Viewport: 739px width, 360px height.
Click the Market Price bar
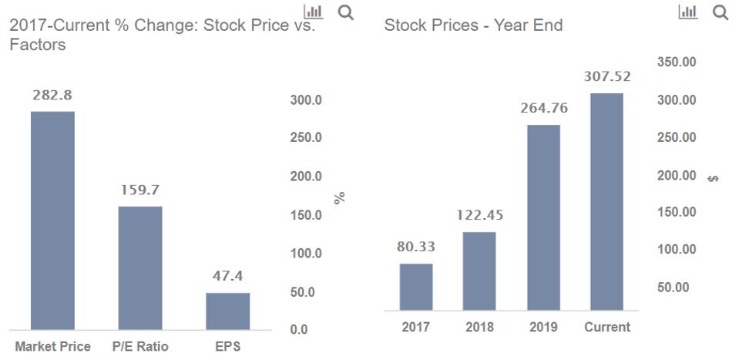pos(52,220)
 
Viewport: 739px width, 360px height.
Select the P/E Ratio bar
pos(140,267)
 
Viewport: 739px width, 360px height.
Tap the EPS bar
pos(227,311)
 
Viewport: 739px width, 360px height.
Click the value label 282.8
pos(52,96)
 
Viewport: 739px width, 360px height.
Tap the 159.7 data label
pos(140,190)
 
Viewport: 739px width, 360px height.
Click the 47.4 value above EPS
pos(227,276)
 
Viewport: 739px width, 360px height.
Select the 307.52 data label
pos(607,77)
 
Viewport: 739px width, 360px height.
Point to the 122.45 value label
pos(479,215)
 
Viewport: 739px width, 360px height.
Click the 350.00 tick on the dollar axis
pos(676,62)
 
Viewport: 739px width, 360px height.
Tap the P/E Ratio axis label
pos(140,347)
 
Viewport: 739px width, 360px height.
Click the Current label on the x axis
pos(607,327)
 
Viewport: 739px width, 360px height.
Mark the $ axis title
pos(714,179)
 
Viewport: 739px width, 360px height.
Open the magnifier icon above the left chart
pos(346,12)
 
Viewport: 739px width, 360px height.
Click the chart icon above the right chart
pos(687,12)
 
